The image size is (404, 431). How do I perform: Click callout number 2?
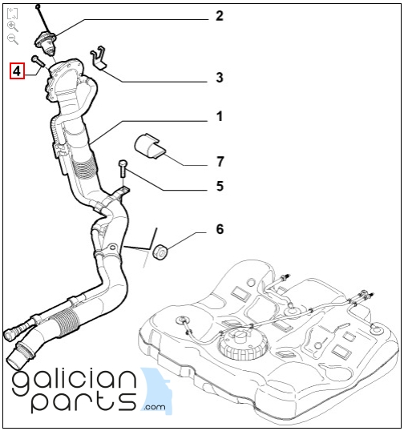coord(219,16)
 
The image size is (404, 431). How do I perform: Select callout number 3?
coord(219,78)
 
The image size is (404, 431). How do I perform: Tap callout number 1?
coord(219,116)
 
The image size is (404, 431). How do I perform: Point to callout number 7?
coord(220,162)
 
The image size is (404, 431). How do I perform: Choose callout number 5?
coord(220,186)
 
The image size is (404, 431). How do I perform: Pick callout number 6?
coord(220,229)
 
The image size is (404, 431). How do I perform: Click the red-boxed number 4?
coord(17,71)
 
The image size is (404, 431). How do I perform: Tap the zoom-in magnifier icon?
coord(12,26)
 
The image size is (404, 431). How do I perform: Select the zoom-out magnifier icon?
coord(12,38)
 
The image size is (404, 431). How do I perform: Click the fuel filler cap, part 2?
coord(46,42)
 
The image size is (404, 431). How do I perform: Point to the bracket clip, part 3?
coord(99,58)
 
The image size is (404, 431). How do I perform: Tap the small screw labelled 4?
coord(38,60)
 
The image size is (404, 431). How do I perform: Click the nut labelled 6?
coord(160,252)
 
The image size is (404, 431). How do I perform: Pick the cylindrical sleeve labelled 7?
coord(149,147)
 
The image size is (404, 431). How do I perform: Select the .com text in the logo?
coord(154,407)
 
